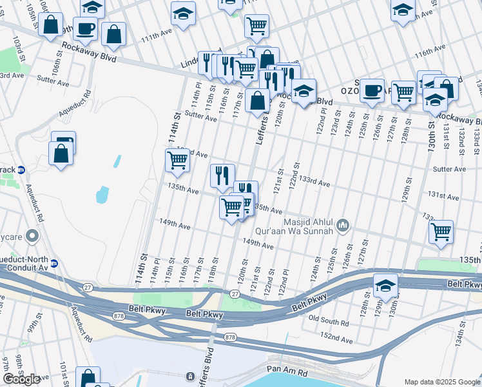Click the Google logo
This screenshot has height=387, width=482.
(21, 379)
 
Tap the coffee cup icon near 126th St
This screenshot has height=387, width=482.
(371, 90)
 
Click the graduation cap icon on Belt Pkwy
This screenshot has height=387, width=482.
(385, 286)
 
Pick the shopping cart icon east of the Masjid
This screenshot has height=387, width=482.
(441, 232)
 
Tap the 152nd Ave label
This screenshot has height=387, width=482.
(337, 340)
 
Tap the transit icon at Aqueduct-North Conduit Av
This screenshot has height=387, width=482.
(55, 263)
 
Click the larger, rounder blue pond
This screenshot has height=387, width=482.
(102, 193)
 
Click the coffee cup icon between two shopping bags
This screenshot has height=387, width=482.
(85, 28)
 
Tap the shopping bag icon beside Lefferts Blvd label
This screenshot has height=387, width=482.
(257, 101)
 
